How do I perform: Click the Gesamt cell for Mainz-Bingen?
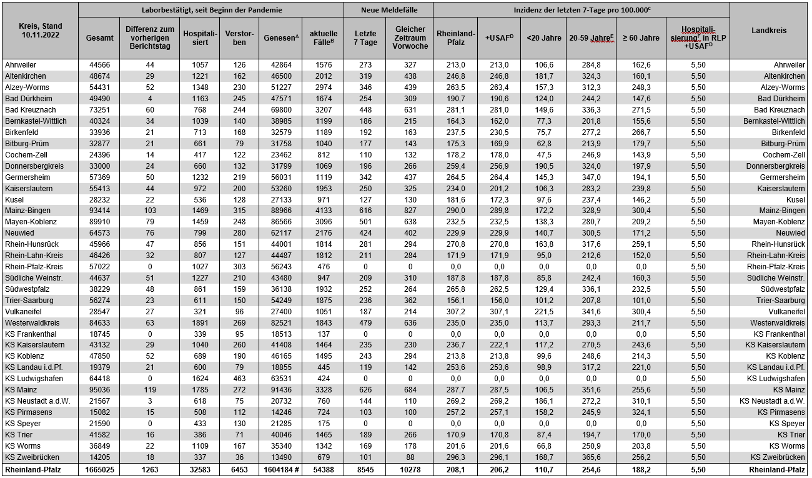[x=99, y=211]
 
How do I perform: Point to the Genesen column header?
[x=279, y=37]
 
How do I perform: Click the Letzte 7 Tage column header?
[x=365, y=37]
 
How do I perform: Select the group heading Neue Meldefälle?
[x=389, y=10]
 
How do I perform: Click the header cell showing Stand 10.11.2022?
[x=39, y=30]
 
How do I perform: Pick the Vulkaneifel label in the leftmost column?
[x=24, y=312]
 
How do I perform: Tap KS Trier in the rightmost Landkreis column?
[x=791, y=435]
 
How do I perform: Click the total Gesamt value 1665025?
[x=99, y=469]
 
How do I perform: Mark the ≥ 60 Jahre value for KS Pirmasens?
[x=640, y=412]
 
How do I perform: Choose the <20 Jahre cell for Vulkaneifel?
[x=543, y=312]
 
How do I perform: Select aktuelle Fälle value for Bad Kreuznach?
[x=322, y=110]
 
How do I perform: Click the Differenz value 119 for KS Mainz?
[x=150, y=390]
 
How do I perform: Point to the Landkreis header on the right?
[x=769, y=30]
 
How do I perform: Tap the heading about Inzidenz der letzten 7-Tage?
[x=581, y=10]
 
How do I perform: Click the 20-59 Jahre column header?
[x=592, y=37]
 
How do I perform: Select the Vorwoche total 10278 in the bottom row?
[x=410, y=469]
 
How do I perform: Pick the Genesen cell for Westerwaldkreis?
[x=279, y=323]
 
